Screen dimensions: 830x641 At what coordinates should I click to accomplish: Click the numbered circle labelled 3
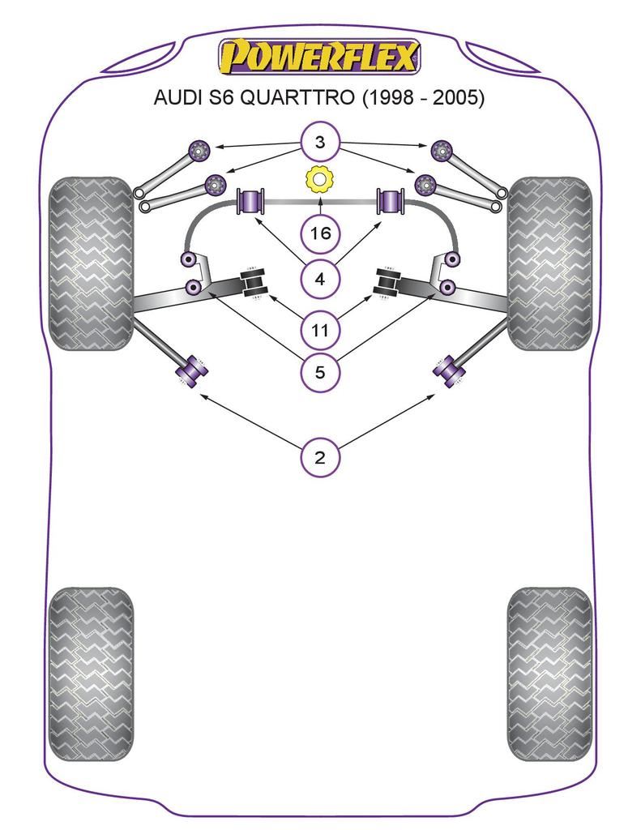pyautogui.click(x=320, y=143)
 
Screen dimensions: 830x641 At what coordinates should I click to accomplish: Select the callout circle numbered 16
pyautogui.click(x=320, y=234)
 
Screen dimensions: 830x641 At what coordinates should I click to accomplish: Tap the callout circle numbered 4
pyautogui.click(x=320, y=280)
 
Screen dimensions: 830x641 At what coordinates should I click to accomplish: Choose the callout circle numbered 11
pyautogui.click(x=320, y=330)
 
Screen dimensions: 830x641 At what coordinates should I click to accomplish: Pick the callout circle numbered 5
pyautogui.click(x=320, y=373)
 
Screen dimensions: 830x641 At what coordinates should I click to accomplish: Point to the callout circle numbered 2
pyautogui.click(x=320, y=458)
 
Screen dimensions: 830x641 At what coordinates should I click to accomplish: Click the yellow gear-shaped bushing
pyautogui.click(x=320, y=180)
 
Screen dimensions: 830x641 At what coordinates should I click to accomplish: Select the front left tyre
pyautogui.click(x=91, y=263)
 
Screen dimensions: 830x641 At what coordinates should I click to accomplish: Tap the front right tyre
pyautogui.click(x=549, y=263)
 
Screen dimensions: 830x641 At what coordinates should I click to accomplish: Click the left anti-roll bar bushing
pyautogui.click(x=250, y=202)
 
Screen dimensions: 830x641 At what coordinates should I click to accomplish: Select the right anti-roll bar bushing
pyautogui.click(x=391, y=202)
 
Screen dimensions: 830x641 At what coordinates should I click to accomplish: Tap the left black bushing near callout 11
pyautogui.click(x=254, y=283)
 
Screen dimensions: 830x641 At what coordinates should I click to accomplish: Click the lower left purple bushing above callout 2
pyautogui.click(x=193, y=371)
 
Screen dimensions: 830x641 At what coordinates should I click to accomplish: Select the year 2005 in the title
pyautogui.click(x=459, y=98)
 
